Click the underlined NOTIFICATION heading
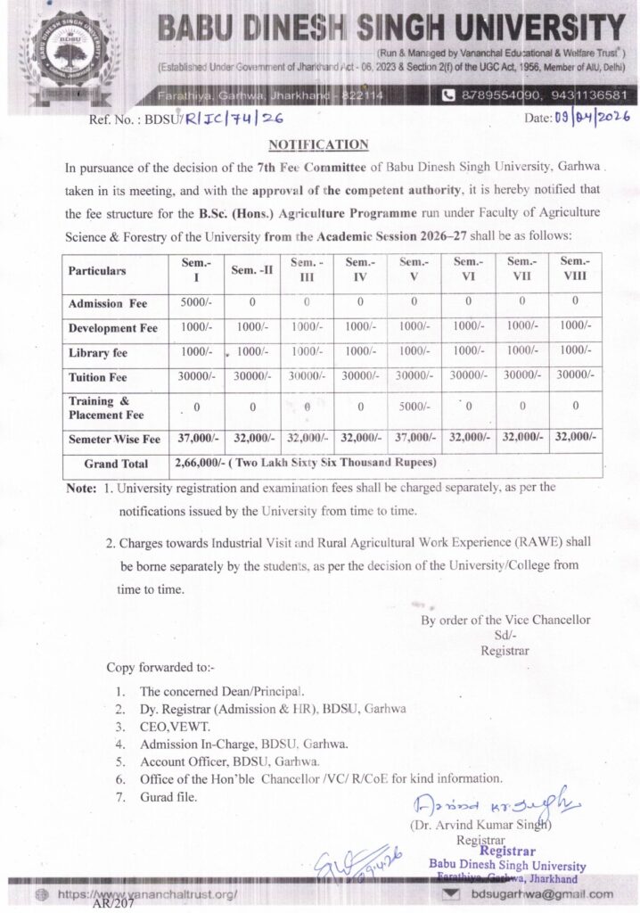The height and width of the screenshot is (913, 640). tap(317, 144)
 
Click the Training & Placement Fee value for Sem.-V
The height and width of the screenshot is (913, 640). tap(414, 409)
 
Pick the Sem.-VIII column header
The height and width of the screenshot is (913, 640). tap(576, 269)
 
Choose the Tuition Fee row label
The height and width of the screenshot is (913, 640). tap(98, 378)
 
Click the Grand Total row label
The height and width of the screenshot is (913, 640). tap(115, 465)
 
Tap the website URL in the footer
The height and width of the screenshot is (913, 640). tap(147, 892)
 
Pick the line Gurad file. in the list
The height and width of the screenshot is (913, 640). tap(168, 796)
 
